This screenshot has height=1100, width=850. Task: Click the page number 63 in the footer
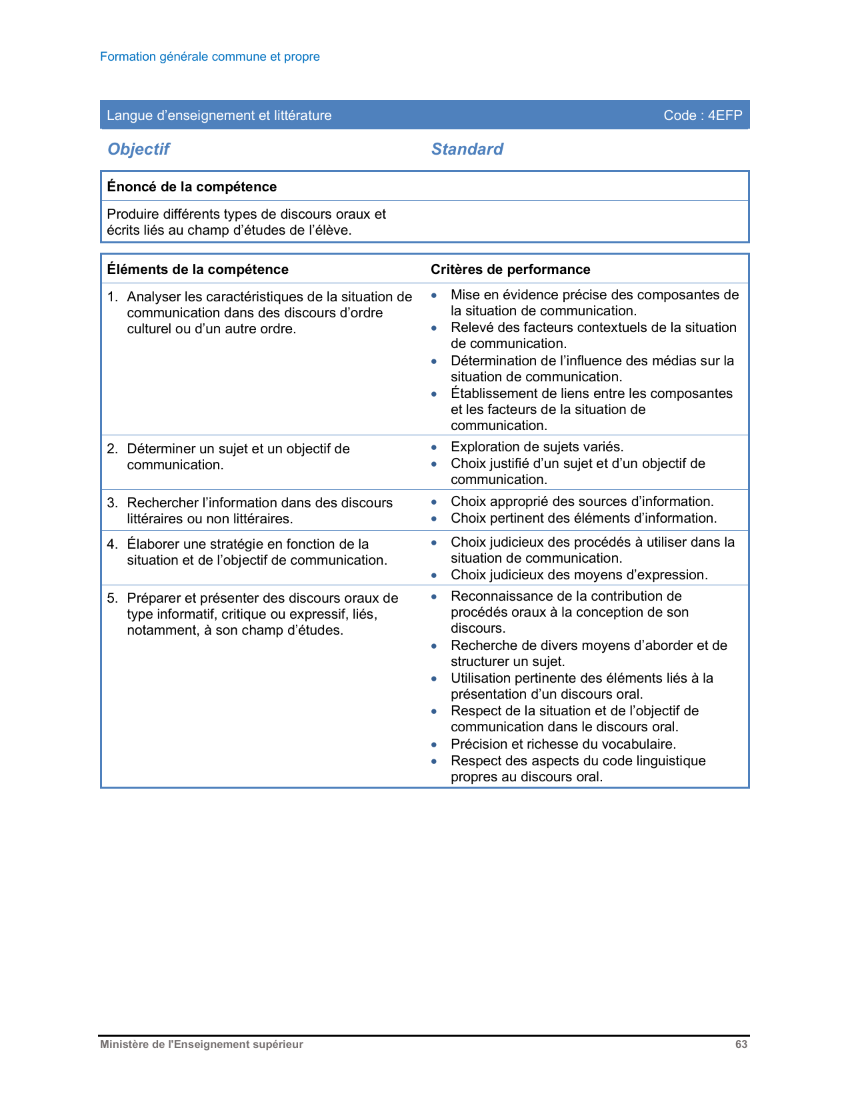741,1045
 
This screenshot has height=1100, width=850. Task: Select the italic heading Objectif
139,149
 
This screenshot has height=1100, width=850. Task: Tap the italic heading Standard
467,149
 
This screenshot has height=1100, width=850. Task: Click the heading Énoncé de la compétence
192,187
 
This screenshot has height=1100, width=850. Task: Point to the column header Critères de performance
510,269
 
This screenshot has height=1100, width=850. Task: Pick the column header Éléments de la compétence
197,269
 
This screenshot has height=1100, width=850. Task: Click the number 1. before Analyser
112,297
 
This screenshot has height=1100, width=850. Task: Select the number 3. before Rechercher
112,503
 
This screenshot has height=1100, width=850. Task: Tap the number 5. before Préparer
112,598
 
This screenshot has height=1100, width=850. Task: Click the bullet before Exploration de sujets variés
434,447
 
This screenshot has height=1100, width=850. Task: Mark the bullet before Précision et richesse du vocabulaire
434,745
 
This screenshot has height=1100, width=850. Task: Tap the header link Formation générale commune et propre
210,57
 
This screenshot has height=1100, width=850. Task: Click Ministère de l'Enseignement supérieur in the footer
201,1045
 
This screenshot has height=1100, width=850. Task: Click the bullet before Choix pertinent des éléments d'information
434,519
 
